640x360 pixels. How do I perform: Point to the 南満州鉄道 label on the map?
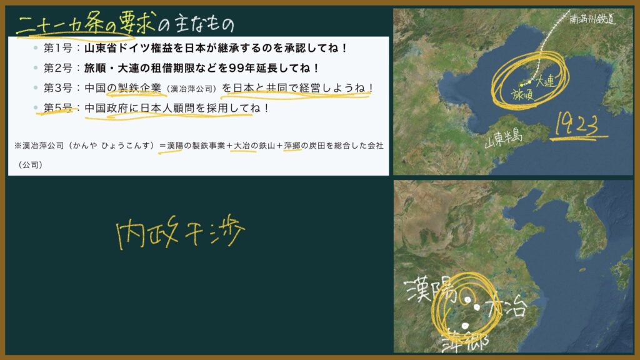592,18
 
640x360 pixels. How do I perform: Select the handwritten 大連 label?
545,81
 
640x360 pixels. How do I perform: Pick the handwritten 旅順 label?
522,95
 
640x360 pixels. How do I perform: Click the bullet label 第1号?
58,48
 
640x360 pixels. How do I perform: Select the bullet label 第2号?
58,67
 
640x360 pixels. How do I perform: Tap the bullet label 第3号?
58,87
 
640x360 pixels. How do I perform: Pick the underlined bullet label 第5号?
58,107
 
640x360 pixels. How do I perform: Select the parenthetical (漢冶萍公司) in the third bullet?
191,89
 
